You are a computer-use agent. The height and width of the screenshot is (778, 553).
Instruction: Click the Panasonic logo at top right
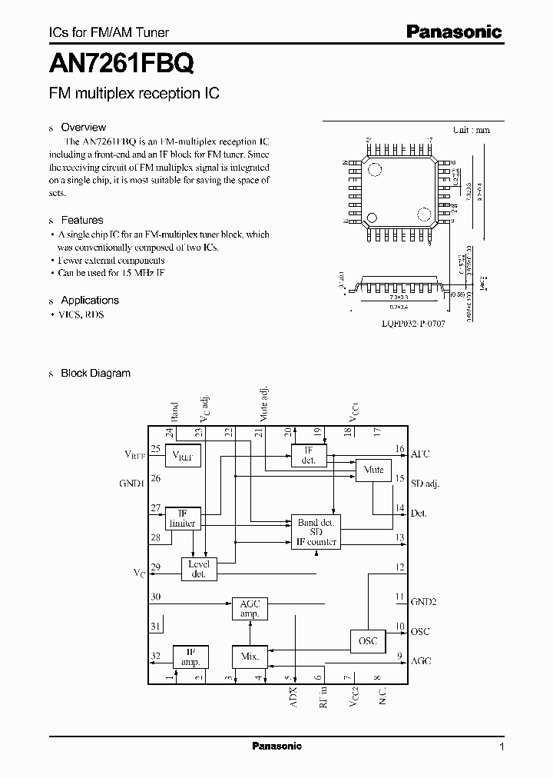pos(454,32)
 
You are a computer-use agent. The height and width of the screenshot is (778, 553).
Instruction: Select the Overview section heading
pos(83,128)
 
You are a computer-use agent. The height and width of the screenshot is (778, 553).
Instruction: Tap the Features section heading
pos(81,220)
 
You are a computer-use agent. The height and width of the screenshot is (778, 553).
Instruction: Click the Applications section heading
pos(90,301)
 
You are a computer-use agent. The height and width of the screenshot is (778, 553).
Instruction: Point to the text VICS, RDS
pos(81,315)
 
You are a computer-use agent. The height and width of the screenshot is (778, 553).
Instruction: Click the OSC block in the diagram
pos(369,640)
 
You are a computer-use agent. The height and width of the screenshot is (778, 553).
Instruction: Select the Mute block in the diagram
pos(373,470)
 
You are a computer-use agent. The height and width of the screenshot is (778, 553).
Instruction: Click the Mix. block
pos(249,657)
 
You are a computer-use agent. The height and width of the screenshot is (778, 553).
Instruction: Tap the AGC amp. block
pos(249,610)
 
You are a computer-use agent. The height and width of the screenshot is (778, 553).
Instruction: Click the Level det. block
pos(199,569)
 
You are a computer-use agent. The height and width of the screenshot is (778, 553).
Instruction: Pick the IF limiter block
pos(182,518)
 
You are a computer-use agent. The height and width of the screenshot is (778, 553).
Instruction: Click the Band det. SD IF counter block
pos(316,532)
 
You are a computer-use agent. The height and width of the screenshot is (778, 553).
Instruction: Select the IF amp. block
pos(190,656)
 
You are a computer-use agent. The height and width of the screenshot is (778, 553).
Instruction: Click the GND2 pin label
pos(424,602)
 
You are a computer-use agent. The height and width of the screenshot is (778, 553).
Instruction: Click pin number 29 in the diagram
pos(156,567)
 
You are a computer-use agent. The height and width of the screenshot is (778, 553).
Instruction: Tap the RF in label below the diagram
pos(323,696)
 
